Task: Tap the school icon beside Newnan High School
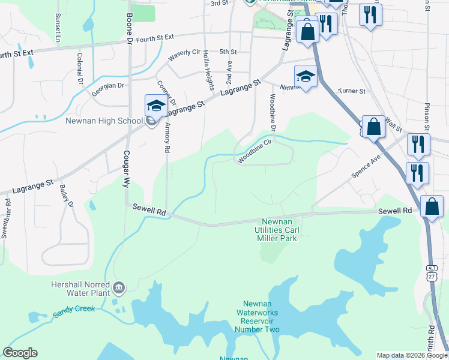point(156,106)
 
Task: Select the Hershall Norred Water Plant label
point(81,288)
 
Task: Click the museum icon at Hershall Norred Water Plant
point(119,289)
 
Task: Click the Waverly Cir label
point(184,53)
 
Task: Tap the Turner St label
point(352,91)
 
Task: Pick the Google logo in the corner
point(20,353)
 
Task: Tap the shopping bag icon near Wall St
point(373,127)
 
